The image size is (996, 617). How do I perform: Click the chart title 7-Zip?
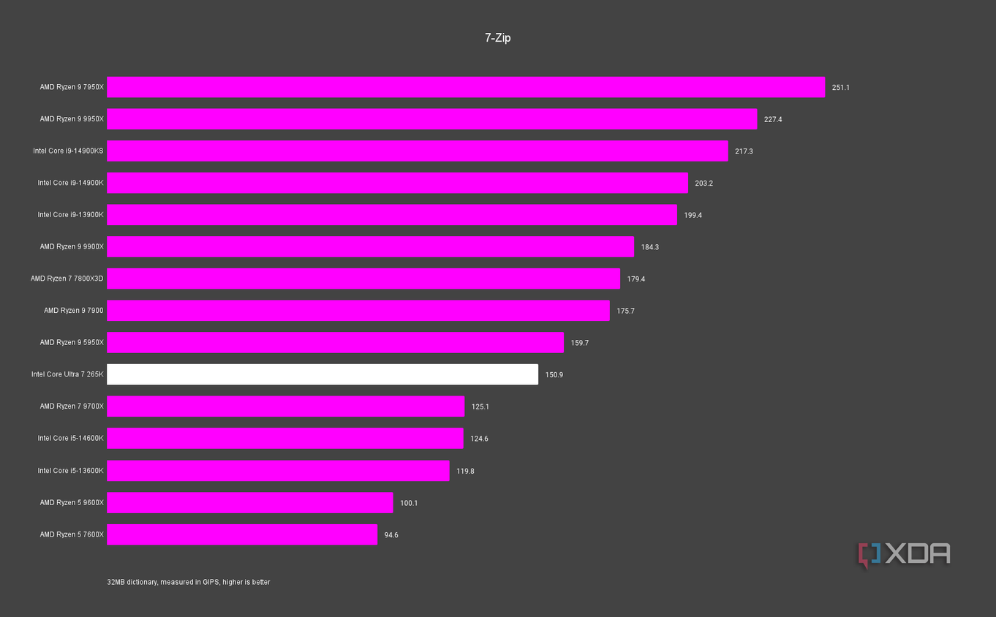(x=497, y=38)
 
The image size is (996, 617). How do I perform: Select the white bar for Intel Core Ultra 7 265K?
(x=322, y=374)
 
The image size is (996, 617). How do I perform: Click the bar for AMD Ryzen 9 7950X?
(x=466, y=87)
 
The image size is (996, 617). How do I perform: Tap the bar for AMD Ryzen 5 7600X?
(x=242, y=534)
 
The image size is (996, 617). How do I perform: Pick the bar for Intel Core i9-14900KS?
(x=418, y=151)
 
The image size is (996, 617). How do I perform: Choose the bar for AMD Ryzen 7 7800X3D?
(x=363, y=279)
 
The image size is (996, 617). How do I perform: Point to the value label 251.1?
(x=840, y=88)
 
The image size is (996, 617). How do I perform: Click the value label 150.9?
(x=554, y=375)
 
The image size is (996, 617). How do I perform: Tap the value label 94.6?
(x=391, y=535)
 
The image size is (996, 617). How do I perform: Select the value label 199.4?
(x=693, y=215)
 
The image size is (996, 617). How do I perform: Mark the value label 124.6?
(x=479, y=439)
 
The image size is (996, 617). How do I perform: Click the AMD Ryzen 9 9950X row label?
(x=72, y=118)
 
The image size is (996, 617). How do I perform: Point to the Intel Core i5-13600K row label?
(x=70, y=470)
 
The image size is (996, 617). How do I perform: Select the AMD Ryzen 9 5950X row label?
(x=72, y=342)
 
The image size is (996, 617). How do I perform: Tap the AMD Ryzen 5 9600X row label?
(x=72, y=502)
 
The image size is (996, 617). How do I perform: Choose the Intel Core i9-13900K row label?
(x=70, y=215)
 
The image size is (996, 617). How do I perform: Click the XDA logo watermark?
(x=904, y=554)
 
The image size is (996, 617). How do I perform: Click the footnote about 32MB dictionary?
(x=189, y=582)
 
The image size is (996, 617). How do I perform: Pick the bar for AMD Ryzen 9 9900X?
(x=370, y=246)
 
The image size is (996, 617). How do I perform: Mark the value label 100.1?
(x=409, y=503)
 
